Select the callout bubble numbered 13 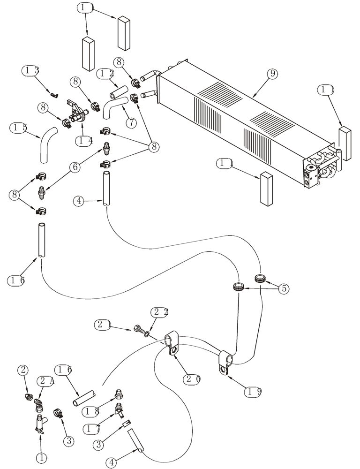coord(30,71)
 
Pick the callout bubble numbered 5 coord(283,288)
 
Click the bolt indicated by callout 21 coord(139,330)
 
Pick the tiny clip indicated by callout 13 coord(54,96)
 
